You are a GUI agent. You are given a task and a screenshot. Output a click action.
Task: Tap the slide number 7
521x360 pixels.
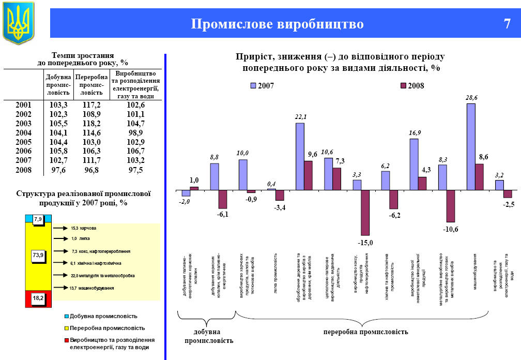507,24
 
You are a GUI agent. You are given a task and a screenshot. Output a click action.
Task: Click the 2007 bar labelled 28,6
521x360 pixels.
471,147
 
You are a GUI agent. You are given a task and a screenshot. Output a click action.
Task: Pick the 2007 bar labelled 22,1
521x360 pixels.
300,156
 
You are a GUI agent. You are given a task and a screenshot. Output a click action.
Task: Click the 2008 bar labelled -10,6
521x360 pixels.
450,206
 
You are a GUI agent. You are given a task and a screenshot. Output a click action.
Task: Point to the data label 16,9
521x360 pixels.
415,133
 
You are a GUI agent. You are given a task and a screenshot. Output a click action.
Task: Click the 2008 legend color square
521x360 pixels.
403,86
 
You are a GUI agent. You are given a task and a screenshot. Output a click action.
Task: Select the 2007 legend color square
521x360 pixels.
254,86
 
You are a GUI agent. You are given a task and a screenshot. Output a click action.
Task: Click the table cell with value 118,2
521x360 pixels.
91,123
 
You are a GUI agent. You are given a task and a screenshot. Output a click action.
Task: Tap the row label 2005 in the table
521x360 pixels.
24,142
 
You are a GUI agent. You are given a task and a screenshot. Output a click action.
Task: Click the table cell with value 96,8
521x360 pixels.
91,170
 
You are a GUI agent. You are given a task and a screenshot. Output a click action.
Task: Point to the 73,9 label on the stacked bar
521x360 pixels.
38,254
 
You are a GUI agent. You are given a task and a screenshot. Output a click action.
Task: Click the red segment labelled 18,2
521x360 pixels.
38,298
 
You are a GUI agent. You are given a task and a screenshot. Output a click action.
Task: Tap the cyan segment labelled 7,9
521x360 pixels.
38,220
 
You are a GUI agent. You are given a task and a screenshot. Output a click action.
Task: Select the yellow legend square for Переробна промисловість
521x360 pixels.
67,328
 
